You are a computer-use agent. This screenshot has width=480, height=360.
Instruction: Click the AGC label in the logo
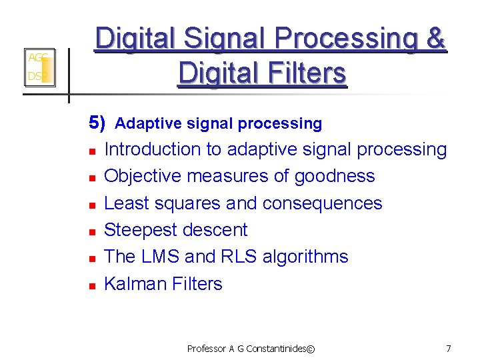(37, 58)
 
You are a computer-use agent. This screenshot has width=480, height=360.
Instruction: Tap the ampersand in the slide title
(436, 39)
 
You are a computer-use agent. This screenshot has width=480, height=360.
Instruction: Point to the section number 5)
(97, 123)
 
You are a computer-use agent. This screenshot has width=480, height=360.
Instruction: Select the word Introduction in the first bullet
(153, 149)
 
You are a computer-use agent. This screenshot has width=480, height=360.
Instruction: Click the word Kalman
(135, 283)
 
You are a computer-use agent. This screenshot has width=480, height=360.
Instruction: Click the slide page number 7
(449, 348)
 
